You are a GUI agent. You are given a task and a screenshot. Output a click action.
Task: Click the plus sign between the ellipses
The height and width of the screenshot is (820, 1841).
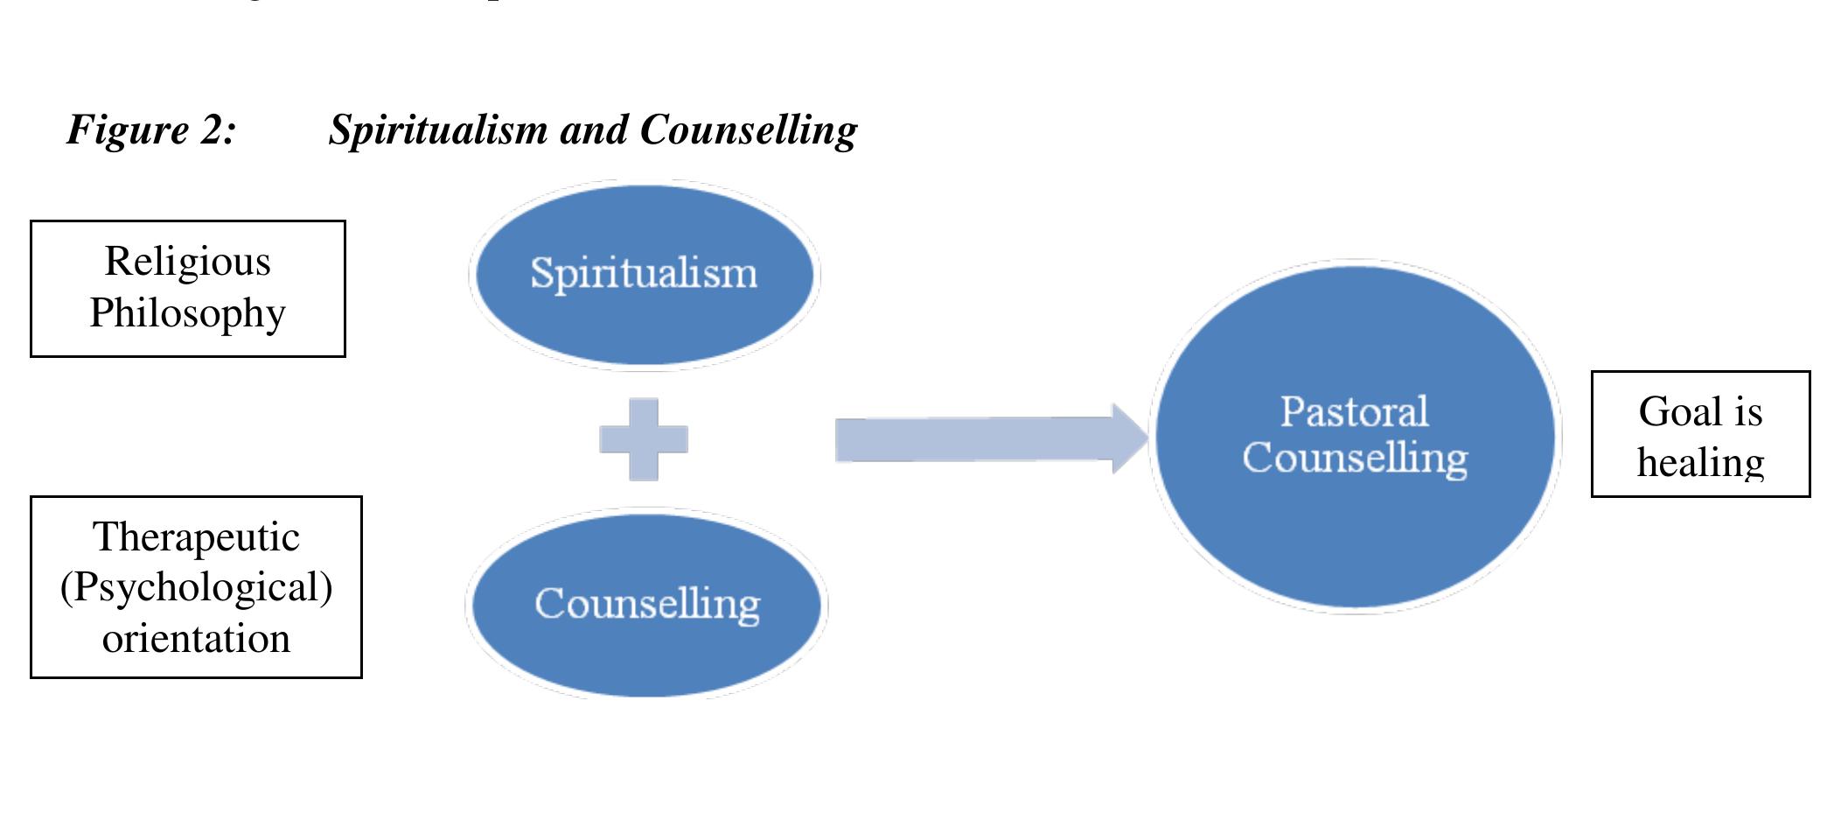(644, 439)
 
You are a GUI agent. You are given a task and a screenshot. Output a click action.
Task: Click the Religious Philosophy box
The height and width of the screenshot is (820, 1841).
(188, 289)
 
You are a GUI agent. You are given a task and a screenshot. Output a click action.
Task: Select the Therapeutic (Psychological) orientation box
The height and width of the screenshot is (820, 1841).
(196, 587)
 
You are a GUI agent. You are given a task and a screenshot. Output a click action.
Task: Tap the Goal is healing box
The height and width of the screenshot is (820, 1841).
(1700, 435)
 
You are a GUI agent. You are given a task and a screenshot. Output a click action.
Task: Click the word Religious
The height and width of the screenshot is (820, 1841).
(188, 262)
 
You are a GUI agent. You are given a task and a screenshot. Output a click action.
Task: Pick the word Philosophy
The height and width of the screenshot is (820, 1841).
(188, 313)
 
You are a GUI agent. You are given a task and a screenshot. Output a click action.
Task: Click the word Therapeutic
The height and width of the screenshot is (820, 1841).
(197, 537)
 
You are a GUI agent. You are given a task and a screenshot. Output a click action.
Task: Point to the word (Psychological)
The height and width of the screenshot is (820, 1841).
(197, 587)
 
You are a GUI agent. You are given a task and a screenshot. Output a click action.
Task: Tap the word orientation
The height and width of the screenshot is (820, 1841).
(197, 639)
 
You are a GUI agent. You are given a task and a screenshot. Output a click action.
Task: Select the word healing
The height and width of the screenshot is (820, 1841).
(1700, 462)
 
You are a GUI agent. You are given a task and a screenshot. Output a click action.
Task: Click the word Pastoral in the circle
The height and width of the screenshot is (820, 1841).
(1355, 411)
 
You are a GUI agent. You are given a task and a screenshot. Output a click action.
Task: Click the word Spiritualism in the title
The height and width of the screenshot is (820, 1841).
(438, 130)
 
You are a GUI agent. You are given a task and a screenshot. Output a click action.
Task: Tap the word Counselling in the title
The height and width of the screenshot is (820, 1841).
(749, 130)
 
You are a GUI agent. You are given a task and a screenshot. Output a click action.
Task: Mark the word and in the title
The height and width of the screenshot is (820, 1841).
(594, 130)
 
